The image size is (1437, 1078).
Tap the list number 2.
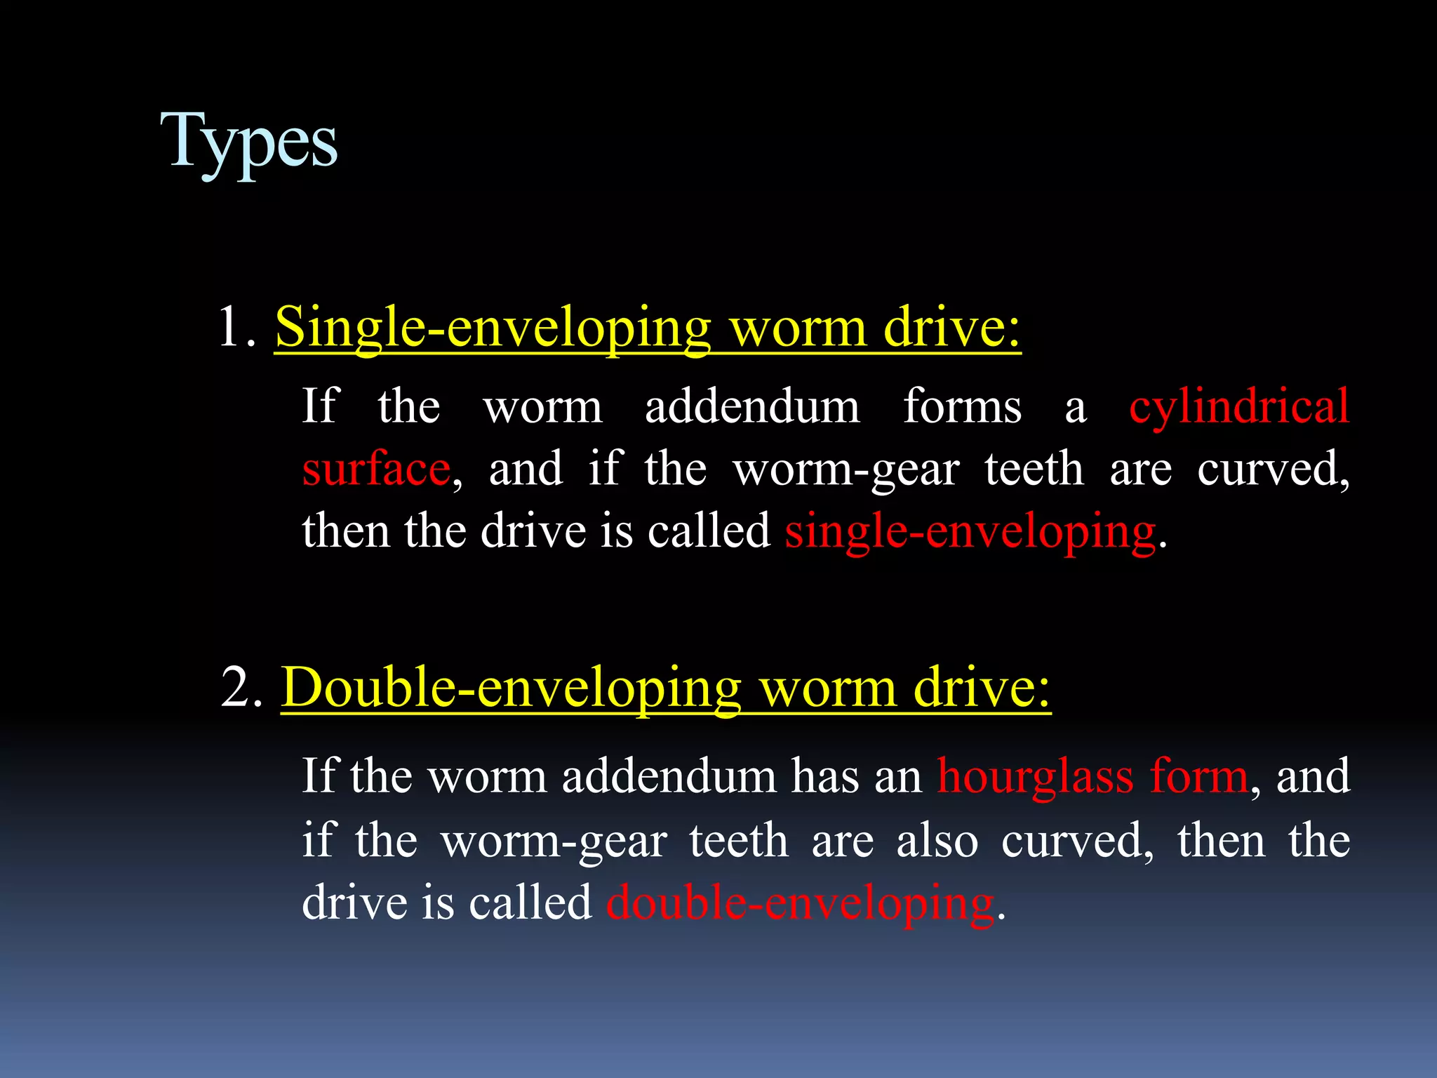pos(240,687)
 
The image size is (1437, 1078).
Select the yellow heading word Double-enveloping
pos(511,688)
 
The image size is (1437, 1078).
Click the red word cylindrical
pos(1239,406)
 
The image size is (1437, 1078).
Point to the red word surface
pos(376,469)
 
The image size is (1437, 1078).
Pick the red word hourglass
pos(1036,777)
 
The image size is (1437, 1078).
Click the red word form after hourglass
pos(1199,777)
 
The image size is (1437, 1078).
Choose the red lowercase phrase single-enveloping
pos(970,532)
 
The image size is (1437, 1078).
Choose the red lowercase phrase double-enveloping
pos(800,903)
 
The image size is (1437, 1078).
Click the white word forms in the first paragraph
pos(962,406)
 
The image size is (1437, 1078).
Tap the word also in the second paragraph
pos(937,841)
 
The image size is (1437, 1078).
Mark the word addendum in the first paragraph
pos(752,406)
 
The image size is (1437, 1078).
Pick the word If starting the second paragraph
pos(319,777)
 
